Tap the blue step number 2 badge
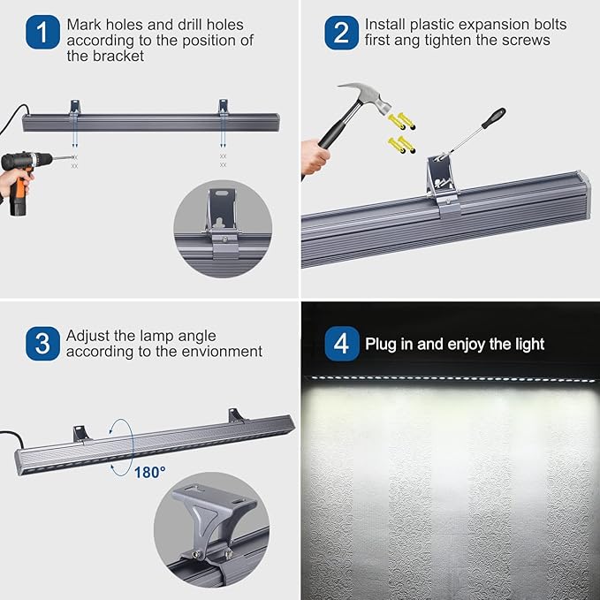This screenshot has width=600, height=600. [x=341, y=33]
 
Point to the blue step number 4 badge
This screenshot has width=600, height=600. [x=342, y=344]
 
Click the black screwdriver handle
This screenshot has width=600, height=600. [x=492, y=118]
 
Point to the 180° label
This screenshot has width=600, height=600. [x=150, y=472]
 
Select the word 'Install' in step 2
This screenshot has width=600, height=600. [x=385, y=25]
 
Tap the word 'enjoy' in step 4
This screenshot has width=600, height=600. [x=478, y=344]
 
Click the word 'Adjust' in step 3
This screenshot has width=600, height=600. [x=88, y=336]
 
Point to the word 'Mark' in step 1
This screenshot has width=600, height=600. [x=84, y=25]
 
